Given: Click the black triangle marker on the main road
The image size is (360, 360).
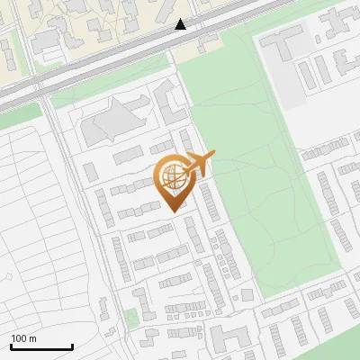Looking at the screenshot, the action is (x=181, y=24).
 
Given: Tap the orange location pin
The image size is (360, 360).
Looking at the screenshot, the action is (x=172, y=180).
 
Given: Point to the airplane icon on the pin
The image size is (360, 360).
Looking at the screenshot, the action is (x=198, y=164).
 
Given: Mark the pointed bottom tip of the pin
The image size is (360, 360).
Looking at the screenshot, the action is (x=172, y=210).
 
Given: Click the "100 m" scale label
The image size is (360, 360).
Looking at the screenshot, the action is (x=23, y=338).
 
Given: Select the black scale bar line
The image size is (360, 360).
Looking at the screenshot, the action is (x=41, y=346).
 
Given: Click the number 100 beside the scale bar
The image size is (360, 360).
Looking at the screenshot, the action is (x=19, y=338).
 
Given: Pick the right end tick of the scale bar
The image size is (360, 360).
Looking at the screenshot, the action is (x=72, y=345).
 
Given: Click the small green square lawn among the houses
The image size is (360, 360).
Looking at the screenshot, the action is (x=131, y=318).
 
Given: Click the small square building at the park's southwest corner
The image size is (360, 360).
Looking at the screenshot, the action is (x=247, y=295).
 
